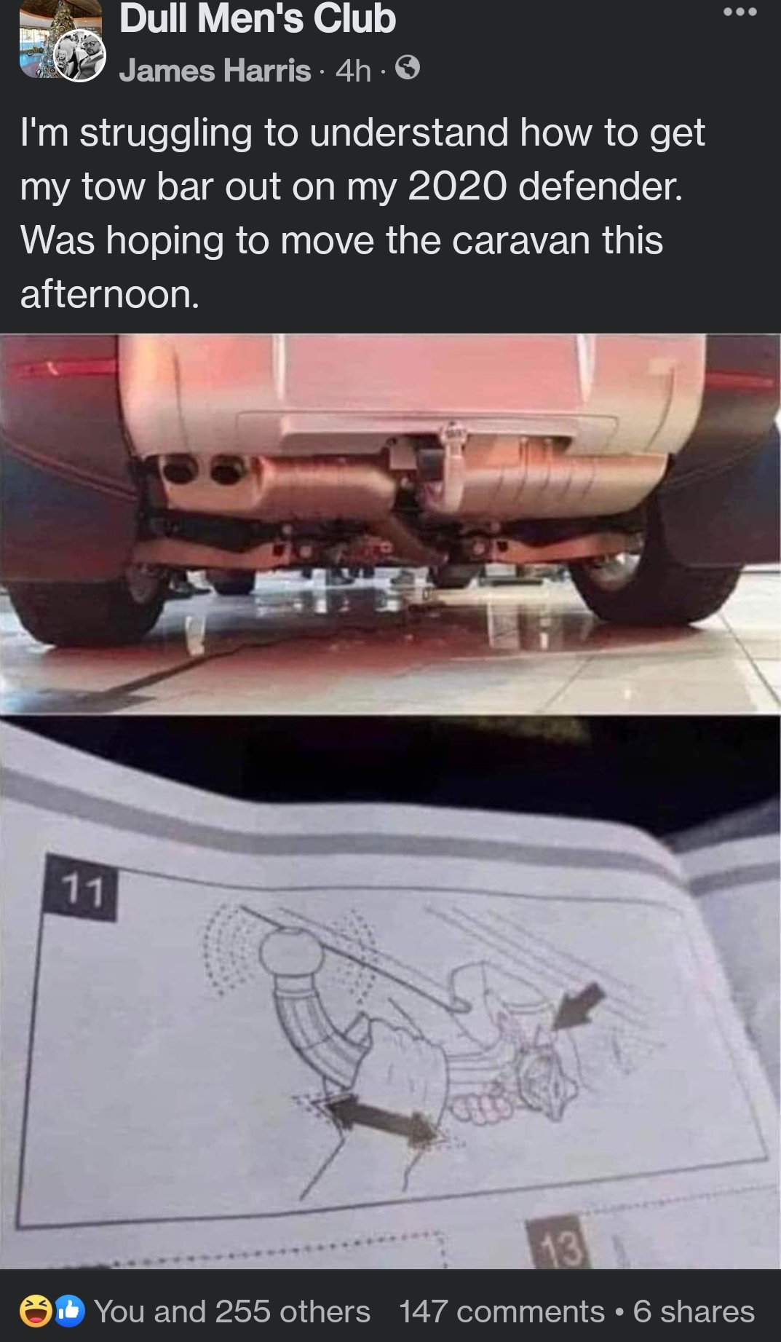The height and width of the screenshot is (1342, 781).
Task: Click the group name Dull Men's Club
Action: pyautogui.click(x=257, y=19)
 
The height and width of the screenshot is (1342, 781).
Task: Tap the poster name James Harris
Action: pyautogui.click(x=215, y=71)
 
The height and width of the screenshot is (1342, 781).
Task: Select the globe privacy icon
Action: pyautogui.click(x=408, y=69)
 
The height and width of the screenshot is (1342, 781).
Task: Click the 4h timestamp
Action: pyautogui.click(x=353, y=71)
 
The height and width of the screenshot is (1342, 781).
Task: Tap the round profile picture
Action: pyautogui.click(x=81, y=56)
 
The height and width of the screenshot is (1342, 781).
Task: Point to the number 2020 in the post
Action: pyautogui.click(x=456, y=186)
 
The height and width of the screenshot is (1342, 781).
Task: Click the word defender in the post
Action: pyautogui.click(x=600, y=186)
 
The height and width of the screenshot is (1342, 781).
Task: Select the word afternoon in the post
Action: pyautogui.click(x=109, y=294)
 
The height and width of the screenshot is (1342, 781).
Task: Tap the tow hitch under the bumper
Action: pyautogui.click(x=442, y=459)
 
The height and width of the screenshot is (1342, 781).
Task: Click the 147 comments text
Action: pyautogui.click(x=501, y=1311)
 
